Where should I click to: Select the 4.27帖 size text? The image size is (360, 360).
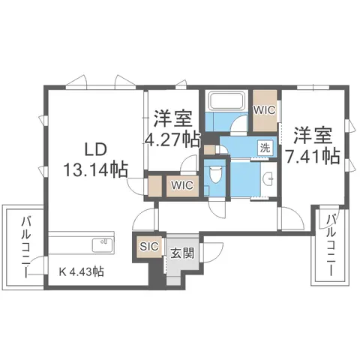[172, 139]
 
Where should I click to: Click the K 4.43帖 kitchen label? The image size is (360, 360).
[82, 272]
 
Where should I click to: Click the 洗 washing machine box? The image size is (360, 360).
[265, 148]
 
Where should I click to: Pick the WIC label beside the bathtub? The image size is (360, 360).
[265, 109]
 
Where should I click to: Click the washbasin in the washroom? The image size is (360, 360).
[268, 178]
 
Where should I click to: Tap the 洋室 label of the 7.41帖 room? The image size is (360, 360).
[313, 136]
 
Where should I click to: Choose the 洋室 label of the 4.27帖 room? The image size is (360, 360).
[172, 118]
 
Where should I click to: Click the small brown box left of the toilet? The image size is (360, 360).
[208, 150]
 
